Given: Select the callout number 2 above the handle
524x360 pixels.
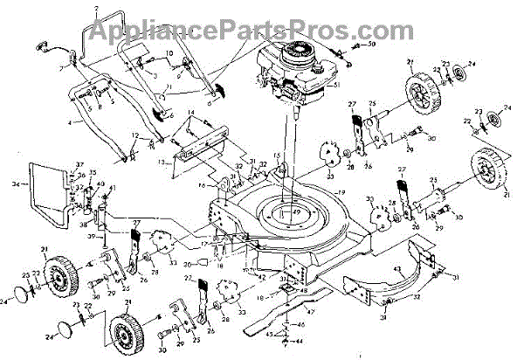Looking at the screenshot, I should coord(96,9).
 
